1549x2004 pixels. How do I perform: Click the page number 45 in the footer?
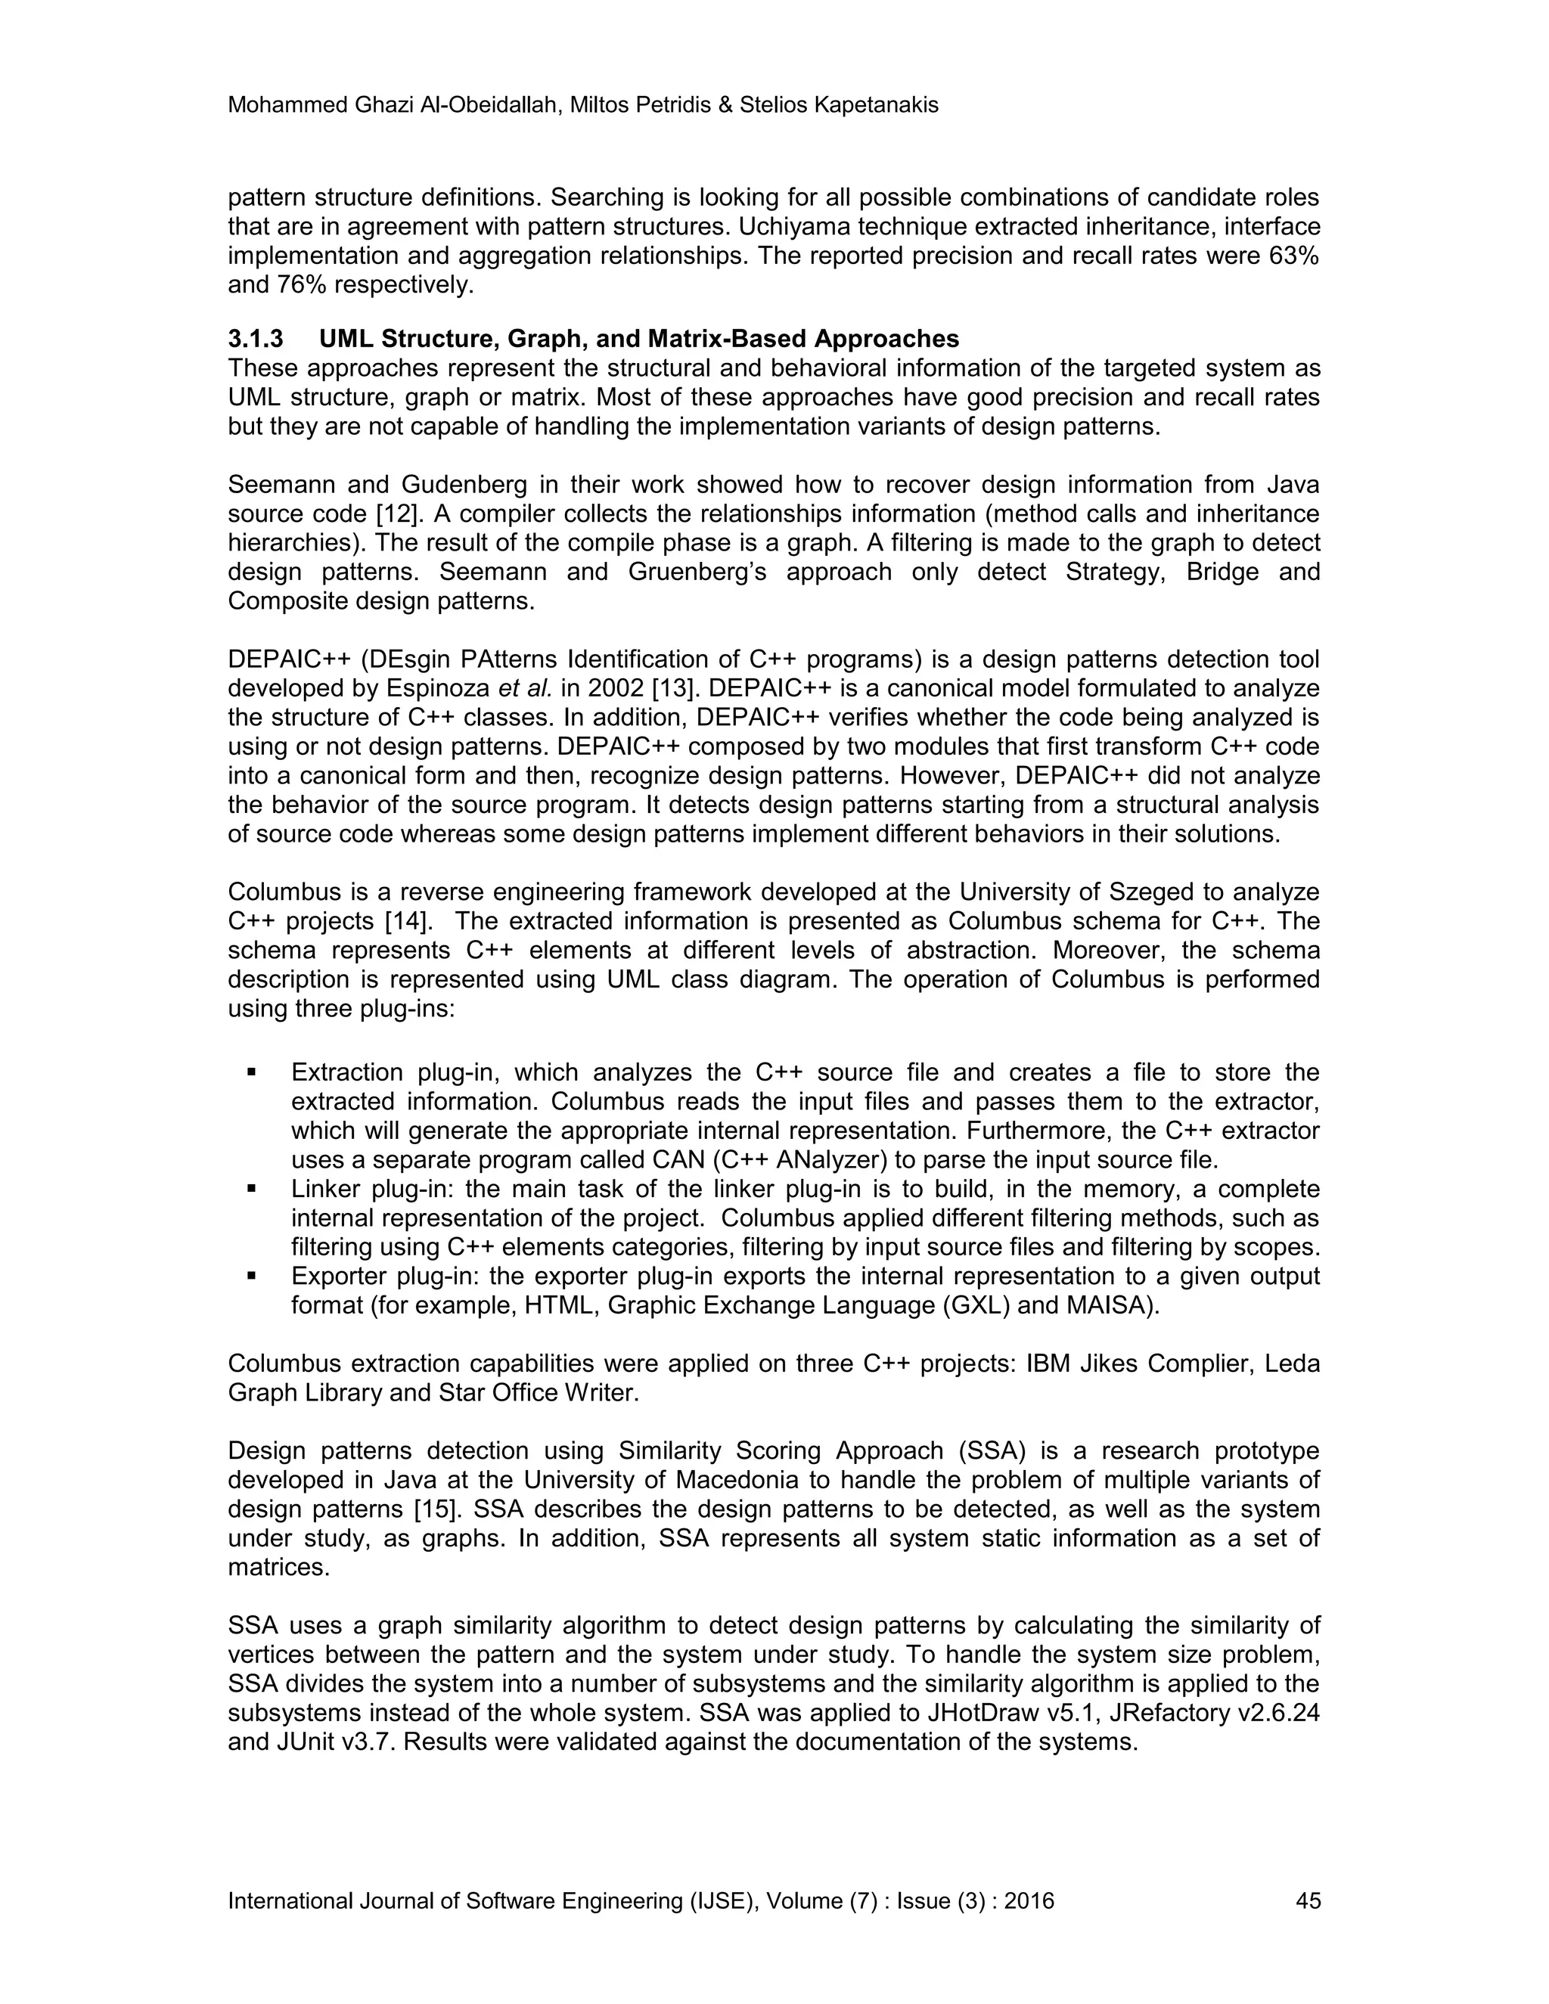[x=1308, y=1900]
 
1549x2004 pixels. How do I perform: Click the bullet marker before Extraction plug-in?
[x=250, y=1072]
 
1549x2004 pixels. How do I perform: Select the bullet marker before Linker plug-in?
[x=250, y=1188]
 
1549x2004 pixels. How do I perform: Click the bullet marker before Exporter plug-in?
[x=250, y=1276]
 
